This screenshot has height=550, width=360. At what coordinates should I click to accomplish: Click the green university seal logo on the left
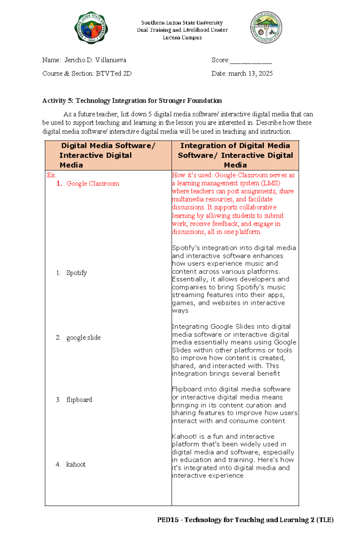(91, 28)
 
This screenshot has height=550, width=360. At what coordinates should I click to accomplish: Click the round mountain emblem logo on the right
(266, 28)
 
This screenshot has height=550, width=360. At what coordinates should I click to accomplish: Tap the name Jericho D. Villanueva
(95, 60)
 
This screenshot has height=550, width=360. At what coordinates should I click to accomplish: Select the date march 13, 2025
(250, 74)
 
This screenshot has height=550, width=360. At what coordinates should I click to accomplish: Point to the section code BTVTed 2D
(114, 74)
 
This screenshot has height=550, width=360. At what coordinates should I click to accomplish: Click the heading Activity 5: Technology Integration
(132, 101)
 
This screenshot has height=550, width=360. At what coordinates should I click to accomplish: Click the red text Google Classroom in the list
(93, 184)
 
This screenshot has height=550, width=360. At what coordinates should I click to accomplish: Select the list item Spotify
(76, 273)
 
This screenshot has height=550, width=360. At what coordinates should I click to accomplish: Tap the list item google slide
(83, 337)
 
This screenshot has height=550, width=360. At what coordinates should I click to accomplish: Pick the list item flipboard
(79, 400)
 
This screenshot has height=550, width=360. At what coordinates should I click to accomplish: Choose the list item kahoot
(76, 465)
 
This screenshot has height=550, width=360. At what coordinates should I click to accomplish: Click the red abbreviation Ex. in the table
(51, 175)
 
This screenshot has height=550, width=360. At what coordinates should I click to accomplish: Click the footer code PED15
(168, 520)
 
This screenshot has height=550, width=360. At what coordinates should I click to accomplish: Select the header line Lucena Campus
(182, 37)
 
